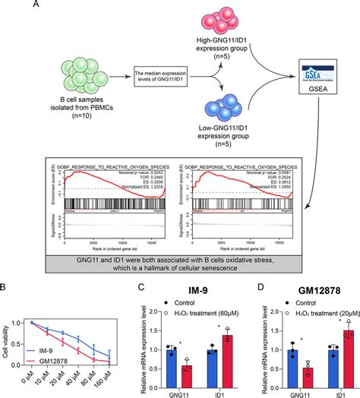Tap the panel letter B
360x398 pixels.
[x=7, y=289]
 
